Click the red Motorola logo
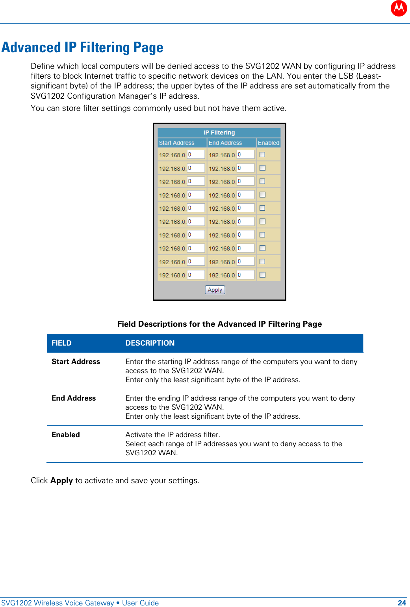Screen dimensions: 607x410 [399, 8]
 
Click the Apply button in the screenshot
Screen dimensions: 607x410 [215, 290]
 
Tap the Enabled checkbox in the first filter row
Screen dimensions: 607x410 [262, 155]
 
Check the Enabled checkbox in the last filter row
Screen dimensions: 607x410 [262, 275]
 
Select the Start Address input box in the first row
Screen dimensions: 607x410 [196, 155]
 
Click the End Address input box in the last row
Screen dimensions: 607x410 [245, 275]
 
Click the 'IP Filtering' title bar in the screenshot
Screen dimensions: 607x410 [219, 132]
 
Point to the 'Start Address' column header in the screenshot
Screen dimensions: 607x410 [177, 143]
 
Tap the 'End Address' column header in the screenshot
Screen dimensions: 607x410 [225, 143]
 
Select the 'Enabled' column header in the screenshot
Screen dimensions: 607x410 [269, 143]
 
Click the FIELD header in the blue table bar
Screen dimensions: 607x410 [61, 343]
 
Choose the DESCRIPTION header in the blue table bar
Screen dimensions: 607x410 [150, 343]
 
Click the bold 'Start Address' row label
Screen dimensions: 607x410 [76, 361]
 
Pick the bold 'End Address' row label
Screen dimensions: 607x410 [74, 398]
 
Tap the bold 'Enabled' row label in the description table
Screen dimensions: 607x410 [66, 434]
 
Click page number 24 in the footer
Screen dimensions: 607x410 [402, 603]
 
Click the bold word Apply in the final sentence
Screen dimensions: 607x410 [61, 480]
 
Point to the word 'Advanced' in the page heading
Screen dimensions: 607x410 [31, 48]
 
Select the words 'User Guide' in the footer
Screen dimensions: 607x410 [140, 603]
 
